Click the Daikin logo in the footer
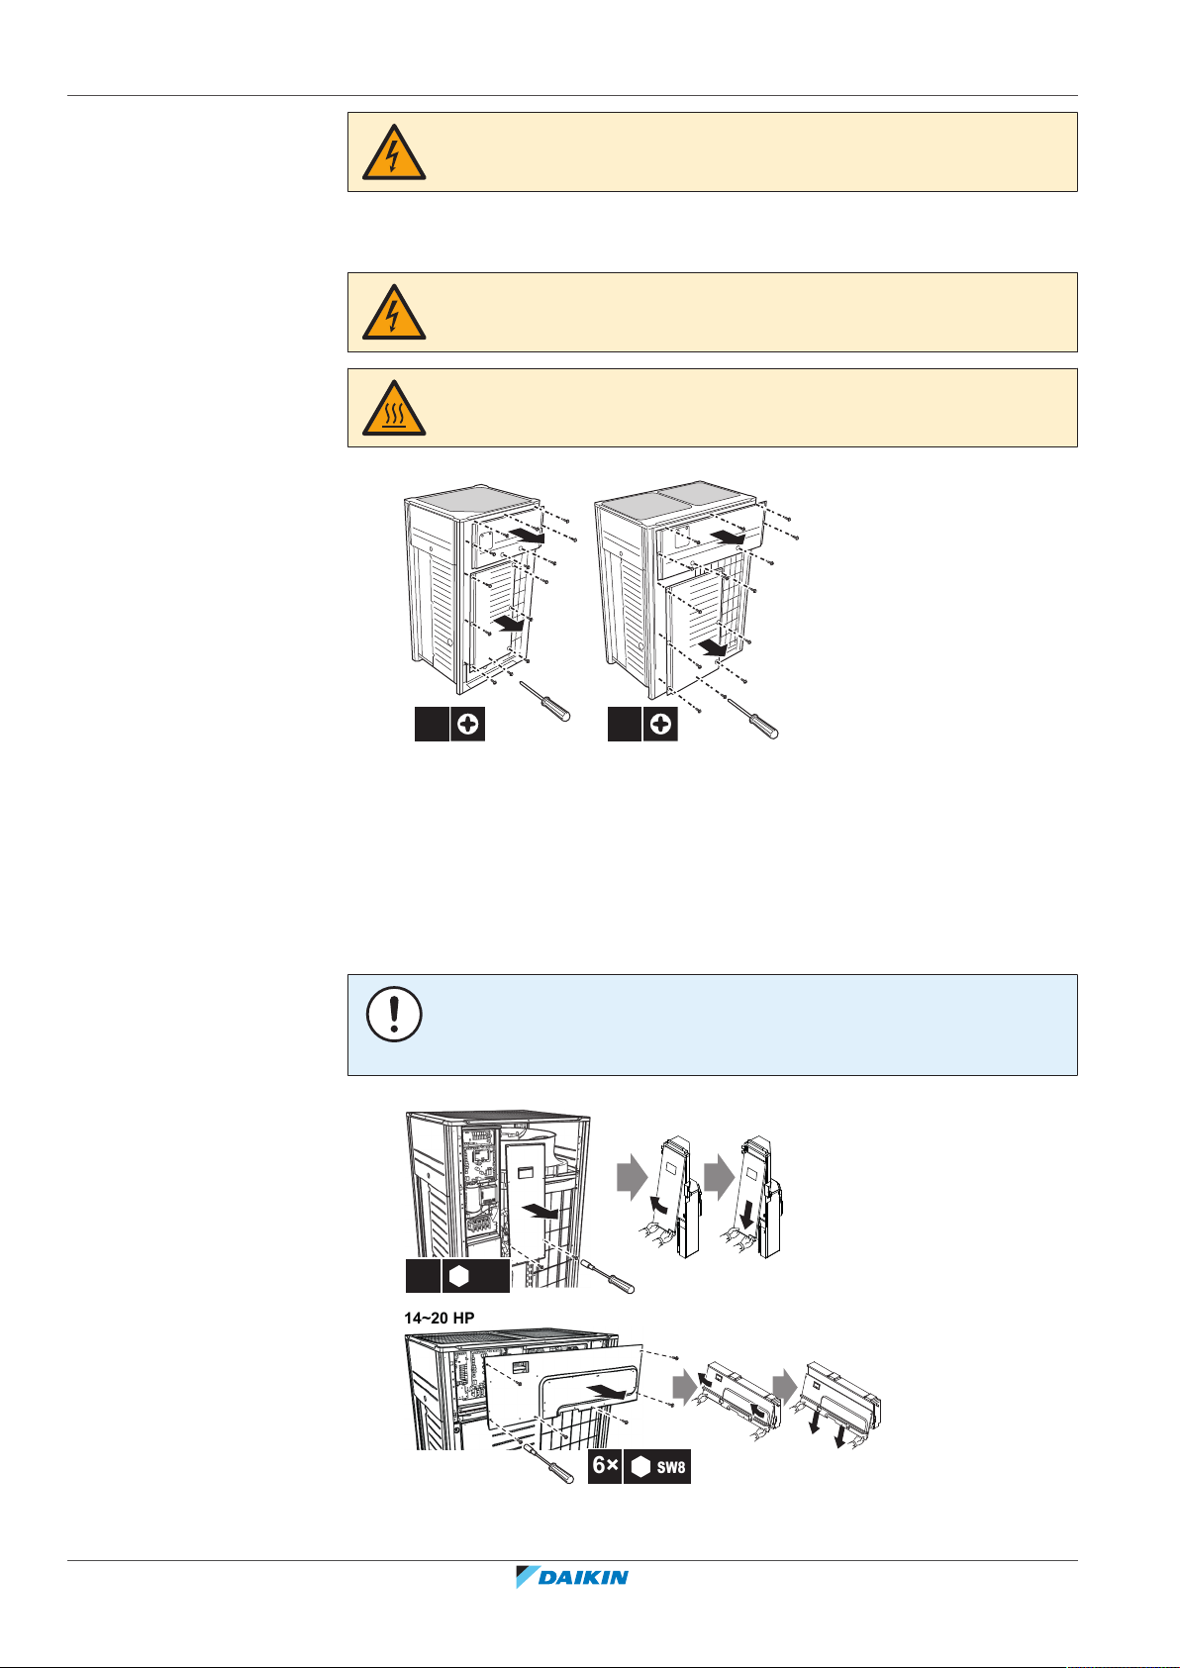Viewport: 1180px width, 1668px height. (572, 1576)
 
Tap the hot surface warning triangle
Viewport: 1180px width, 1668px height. (394, 408)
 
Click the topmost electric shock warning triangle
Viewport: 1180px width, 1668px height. (394, 152)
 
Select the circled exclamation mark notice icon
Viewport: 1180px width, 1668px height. (394, 1015)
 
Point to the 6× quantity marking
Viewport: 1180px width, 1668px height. (605, 1465)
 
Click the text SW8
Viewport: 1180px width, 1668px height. (670, 1467)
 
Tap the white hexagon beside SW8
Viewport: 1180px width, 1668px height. (640, 1466)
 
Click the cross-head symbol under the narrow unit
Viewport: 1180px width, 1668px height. (467, 724)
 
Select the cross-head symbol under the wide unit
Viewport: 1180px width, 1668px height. (660, 724)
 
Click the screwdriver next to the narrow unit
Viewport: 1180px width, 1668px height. (545, 701)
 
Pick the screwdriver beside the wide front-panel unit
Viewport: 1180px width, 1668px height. (752, 718)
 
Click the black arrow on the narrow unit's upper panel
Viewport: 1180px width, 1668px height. (527, 536)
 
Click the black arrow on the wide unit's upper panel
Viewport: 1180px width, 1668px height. (728, 537)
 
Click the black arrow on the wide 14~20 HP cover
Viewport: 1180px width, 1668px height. (605, 1391)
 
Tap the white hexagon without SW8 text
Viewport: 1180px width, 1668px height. (459, 1276)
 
